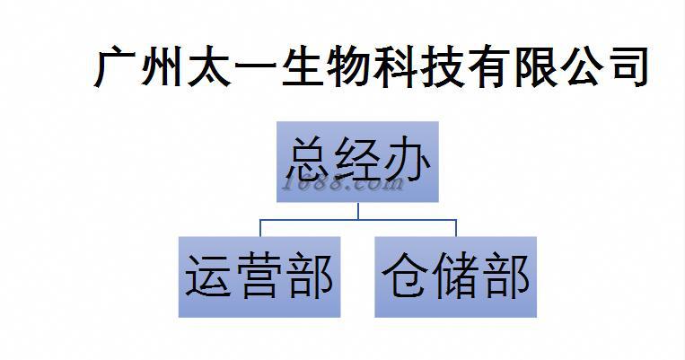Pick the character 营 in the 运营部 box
pyautogui.click(x=259, y=276)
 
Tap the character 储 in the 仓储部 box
pyautogui.click(x=455, y=276)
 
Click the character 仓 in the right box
pyautogui.click(x=407, y=276)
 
